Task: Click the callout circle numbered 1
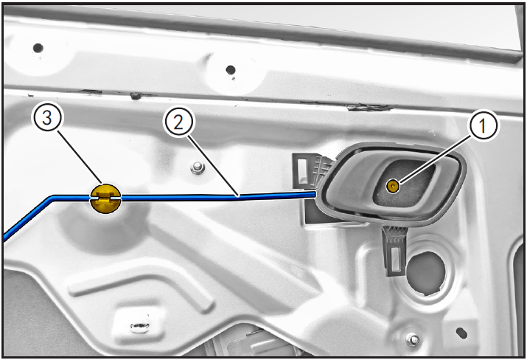[483, 126]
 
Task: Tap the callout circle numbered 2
[178, 122]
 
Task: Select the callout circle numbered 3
[47, 118]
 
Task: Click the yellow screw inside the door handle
[392, 185]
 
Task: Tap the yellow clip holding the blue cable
[105, 198]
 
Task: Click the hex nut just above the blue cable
[198, 167]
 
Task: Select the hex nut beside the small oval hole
[413, 340]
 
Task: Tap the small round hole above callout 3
[38, 48]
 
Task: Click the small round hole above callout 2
[231, 70]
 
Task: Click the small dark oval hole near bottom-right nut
[462, 333]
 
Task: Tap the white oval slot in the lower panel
[139, 326]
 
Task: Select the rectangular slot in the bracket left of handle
[302, 167]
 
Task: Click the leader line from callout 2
[213, 165]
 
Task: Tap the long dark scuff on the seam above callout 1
[370, 107]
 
